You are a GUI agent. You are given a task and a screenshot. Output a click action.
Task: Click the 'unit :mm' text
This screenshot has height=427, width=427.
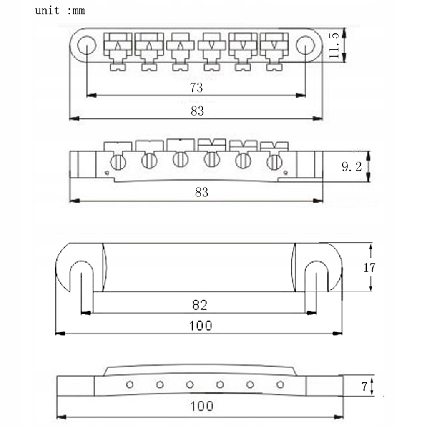(60, 10)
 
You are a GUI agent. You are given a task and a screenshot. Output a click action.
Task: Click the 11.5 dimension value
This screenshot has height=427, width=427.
(334, 45)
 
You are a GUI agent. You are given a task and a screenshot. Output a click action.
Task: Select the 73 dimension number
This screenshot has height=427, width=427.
(196, 88)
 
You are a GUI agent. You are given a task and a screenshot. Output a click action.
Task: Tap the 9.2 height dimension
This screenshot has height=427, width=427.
(352, 166)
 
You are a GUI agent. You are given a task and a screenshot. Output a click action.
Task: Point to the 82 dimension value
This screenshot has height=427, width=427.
(200, 305)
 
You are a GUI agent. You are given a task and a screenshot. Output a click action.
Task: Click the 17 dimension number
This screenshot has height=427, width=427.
(369, 268)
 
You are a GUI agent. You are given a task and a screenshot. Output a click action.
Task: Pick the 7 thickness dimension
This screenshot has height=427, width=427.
(364, 387)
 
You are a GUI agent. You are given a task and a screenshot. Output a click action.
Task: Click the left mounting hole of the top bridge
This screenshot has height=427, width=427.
(87, 45)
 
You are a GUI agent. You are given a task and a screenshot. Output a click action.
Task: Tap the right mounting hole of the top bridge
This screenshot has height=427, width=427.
(305, 45)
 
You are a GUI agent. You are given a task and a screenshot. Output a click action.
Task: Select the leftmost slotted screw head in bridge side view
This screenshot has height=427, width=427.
(118, 162)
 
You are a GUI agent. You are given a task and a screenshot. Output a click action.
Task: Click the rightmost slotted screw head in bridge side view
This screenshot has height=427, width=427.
(274, 162)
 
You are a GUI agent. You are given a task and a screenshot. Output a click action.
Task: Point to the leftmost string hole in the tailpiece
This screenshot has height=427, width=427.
(130, 385)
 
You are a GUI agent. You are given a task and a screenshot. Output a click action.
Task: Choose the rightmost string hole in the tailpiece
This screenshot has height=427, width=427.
(280, 385)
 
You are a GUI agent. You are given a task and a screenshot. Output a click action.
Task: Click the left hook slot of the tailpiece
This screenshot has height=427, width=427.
(81, 276)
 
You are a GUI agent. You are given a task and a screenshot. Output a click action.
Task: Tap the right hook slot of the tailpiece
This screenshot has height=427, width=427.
(316, 276)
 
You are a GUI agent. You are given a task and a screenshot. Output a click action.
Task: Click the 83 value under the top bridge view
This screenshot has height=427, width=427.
(197, 111)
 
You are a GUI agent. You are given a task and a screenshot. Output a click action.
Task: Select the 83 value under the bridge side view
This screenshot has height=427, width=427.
(201, 193)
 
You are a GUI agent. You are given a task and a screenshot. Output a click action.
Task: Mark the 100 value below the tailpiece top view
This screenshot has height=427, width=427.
(201, 326)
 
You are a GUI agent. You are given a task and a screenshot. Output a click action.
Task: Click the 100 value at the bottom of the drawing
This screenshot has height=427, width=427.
(202, 406)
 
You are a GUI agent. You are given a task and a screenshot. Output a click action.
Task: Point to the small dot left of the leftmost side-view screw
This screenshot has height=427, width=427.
(107, 172)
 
